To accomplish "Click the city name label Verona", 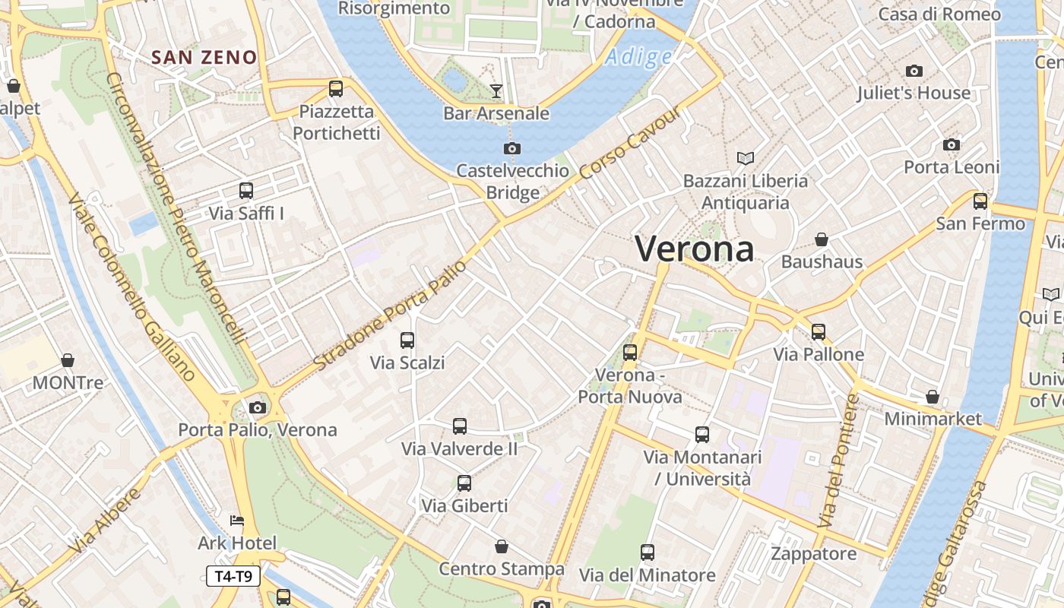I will (x=694, y=249).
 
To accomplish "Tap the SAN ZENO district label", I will (x=204, y=57).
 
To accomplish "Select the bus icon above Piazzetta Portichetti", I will (x=336, y=89).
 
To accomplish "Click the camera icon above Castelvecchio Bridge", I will (x=512, y=148).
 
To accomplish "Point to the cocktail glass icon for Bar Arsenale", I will (x=496, y=91).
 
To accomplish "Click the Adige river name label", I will (x=639, y=57).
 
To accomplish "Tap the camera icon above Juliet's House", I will (x=914, y=71).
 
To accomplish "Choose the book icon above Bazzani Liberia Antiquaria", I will (x=746, y=158).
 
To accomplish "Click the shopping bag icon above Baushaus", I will (x=822, y=239).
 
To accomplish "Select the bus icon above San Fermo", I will (x=980, y=201).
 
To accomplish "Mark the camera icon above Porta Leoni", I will (x=951, y=144).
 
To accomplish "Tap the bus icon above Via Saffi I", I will (x=246, y=191).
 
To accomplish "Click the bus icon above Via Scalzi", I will (x=407, y=340).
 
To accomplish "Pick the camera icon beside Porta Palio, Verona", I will (x=258, y=407).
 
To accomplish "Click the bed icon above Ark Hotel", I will (x=237, y=521).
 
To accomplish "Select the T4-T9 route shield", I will (x=233, y=576).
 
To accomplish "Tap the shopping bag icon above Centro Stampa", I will (x=502, y=546).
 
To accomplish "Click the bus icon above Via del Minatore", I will (x=648, y=553).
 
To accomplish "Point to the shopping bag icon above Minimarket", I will (x=933, y=397).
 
